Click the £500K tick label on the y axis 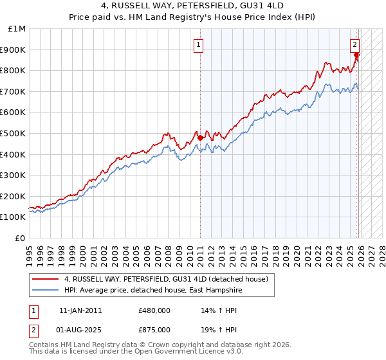[x=14, y=133]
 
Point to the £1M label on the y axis [x=17, y=28]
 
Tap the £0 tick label [x=21, y=238]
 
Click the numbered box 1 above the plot [x=199, y=45]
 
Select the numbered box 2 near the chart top [x=354, y=45]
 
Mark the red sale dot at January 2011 [x=200, y=137]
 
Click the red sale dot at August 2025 [x=356, y=55]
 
